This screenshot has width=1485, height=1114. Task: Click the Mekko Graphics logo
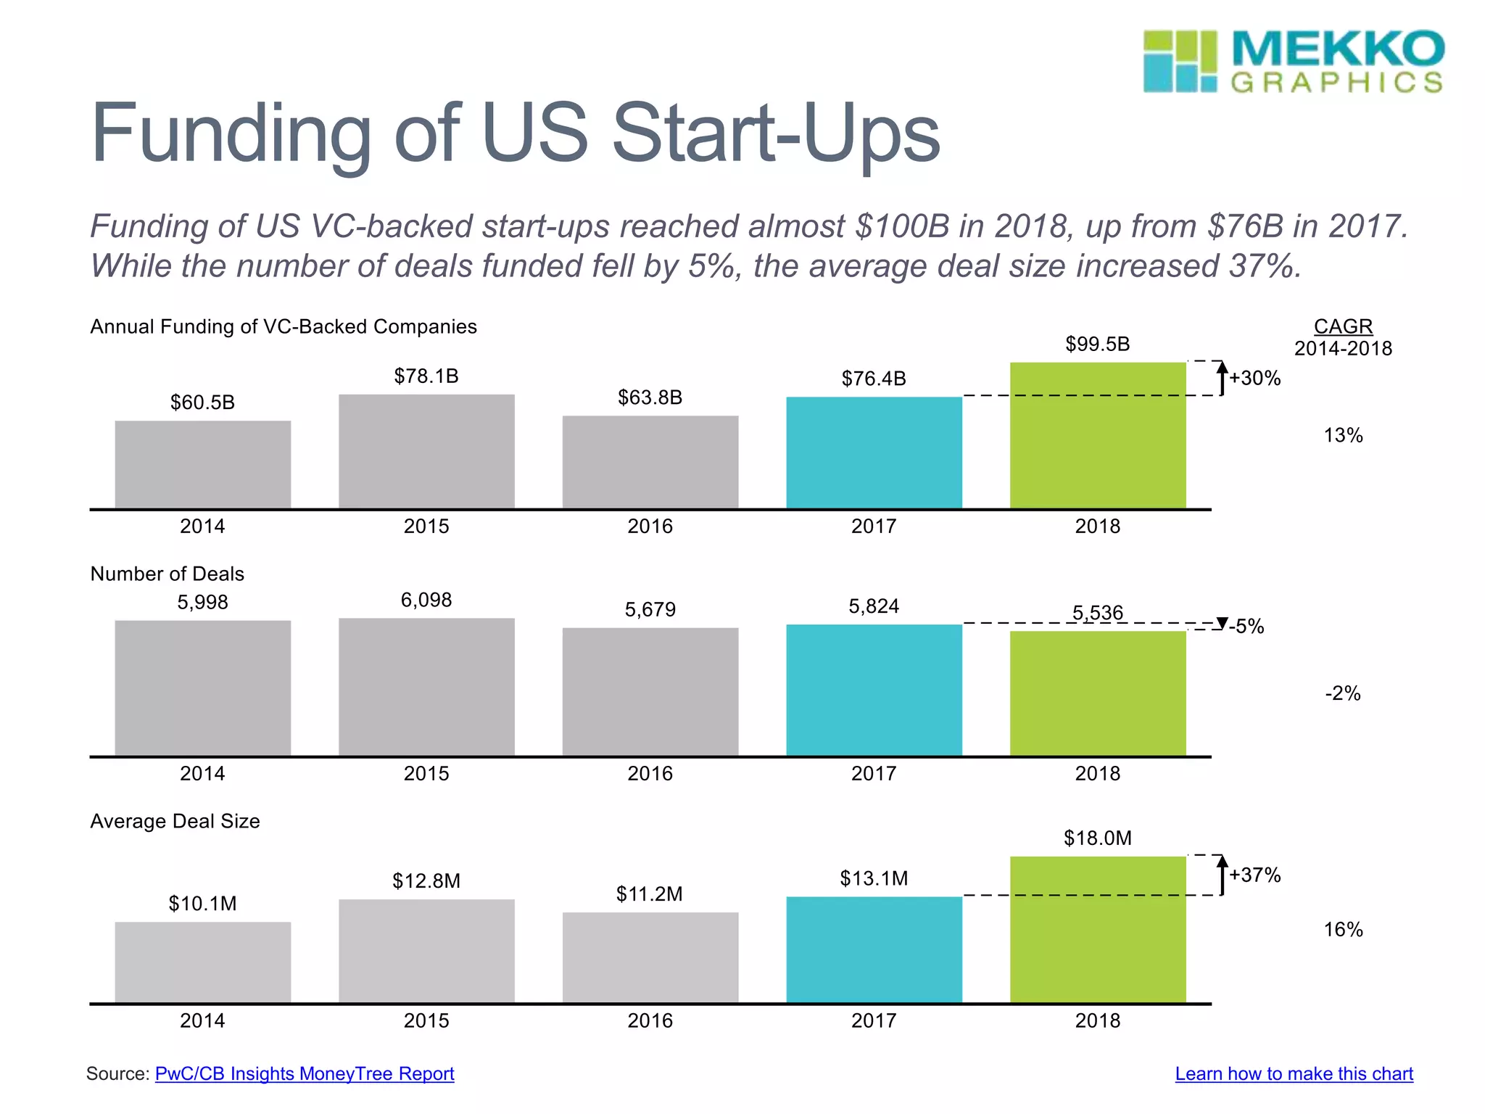pyautogui.click(x=1293, y=62)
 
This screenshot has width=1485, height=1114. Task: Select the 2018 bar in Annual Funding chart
pyautogui.click(x=1098, y=435)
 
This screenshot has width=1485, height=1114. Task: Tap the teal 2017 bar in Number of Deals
pyautogui.click(x=874, y=690)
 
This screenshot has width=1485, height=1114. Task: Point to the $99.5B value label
pyautogui.click(x=1097, y=344)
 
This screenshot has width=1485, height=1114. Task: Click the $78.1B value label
pyautogui.click(x=426, y=376)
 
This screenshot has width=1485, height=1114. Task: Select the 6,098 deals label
pyautogui.click(x=426, y=600)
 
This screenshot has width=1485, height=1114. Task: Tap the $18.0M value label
pyautogui.click(x=1097, y=838)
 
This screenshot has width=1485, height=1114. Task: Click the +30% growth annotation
pyautogui.click(x=1254, y=378)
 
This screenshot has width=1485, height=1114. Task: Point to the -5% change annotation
pyautogui.click(x=1246, y=626)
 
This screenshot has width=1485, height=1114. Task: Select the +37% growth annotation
pyautogui.click(x=1254, y=875)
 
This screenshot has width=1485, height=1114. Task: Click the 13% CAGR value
pyautogui.click(x=1343, y=435)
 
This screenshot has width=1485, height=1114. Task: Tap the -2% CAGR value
pyautogui.click(x=1343, y=693)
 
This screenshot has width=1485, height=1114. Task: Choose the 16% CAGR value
pyautogui.click(x=1343, y=929)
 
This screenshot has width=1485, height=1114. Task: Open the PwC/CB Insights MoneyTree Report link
pyautogui.click(x=305, y=1073)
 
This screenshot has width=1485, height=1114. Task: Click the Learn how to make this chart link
pyautogui.click(x=1294, y=1073)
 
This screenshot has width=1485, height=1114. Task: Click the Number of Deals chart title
pyautogui.click(x=167, y=574)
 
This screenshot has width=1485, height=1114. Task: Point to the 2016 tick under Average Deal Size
pyautogui.click(x=650, y=1020)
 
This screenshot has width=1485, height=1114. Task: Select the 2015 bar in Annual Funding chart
pyautogui.click(x=426, y=451)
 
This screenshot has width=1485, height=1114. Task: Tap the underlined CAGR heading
pyautogui.click(x=1343, y=326)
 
